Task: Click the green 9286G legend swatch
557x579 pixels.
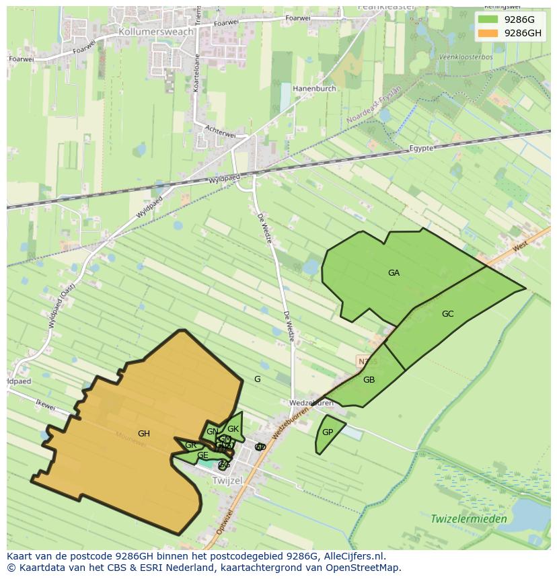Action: (488, 20)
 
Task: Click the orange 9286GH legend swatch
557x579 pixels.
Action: (488, 33)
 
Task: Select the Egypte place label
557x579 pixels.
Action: (422, 148)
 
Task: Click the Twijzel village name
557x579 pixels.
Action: (226, 481)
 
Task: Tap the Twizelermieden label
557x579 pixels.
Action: (469, 518)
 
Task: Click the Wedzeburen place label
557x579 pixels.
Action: (311, 403)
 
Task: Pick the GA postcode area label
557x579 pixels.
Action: (394, 273)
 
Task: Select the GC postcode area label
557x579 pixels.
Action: (448, 314)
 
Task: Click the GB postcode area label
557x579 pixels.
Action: (369, 380)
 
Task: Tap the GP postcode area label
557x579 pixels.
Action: (328, 432)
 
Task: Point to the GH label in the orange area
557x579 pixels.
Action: (143, 434)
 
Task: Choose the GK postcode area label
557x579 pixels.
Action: (233, 429)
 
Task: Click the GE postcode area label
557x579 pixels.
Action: (202, 456)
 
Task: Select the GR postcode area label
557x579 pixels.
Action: (190, 445)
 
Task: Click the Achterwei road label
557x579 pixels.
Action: (221, 132)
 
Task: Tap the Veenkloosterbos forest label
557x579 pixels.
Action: (466, 57)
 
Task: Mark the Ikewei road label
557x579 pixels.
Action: (44, 405)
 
